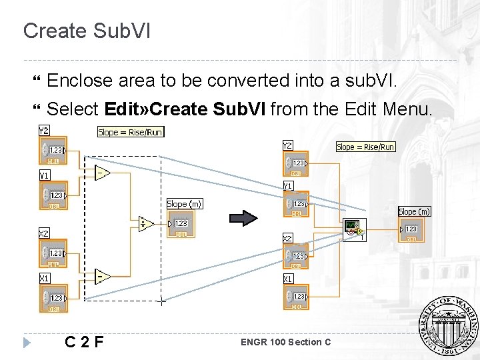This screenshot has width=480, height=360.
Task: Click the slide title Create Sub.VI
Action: tap(87, 31)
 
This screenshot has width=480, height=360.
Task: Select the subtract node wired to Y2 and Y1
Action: tap(103, 172)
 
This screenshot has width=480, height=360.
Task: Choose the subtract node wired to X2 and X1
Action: tap(103, 275)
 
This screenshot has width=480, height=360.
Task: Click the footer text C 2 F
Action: tap(84, 343)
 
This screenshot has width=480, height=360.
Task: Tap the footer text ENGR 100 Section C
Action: tap(285, 343)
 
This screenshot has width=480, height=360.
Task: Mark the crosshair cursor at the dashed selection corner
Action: tap(161, 302)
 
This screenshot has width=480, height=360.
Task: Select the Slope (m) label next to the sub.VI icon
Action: tap(415, 211)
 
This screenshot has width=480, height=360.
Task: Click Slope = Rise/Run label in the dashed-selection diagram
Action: tap(130, 132)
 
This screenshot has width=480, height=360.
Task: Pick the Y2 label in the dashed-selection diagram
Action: tap(43, 130)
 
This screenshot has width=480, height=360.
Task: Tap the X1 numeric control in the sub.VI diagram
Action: tap(296, 296)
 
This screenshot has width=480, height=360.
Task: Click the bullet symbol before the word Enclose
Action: tap(37, 82)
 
